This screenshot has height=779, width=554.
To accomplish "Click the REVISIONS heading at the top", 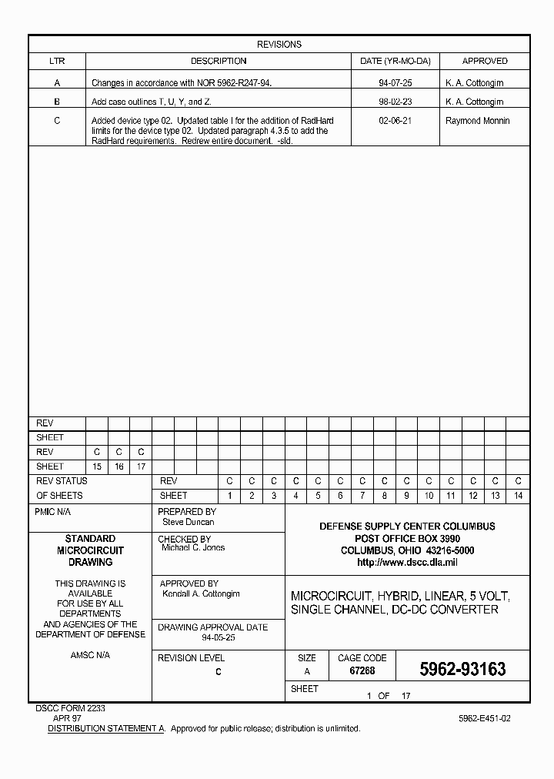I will tap(279, 45).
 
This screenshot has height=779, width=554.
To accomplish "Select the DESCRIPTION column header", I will tap(219, 61).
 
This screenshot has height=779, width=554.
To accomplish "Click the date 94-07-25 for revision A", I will tap(395, 82).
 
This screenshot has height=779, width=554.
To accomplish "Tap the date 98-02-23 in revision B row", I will tap(395, 102).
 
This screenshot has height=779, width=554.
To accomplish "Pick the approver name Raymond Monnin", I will tap(477, 121).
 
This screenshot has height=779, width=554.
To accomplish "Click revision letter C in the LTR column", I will tap(57, 121).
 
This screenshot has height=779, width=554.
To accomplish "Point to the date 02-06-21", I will tap(395, 121).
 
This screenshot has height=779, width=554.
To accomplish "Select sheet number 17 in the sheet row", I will tap(141, 466).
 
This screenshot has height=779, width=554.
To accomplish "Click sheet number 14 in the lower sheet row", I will tap(519, 496).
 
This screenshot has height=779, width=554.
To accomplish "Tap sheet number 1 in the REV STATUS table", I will tap(229, 496).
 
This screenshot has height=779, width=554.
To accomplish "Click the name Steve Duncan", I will tap(188, 522).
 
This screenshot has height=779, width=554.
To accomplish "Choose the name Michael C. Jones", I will tap(192, 548).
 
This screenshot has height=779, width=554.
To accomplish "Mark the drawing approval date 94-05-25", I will tap(219, 638).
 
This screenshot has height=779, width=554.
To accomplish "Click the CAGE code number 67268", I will tap(362, 671).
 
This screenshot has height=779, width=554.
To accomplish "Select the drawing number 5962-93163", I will tap(462, 670).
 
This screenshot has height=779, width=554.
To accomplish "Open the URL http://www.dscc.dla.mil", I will tap(407, 563).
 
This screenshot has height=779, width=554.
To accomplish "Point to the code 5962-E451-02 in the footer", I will tap(484, 717).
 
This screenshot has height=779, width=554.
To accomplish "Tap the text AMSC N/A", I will tap(90, 655).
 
